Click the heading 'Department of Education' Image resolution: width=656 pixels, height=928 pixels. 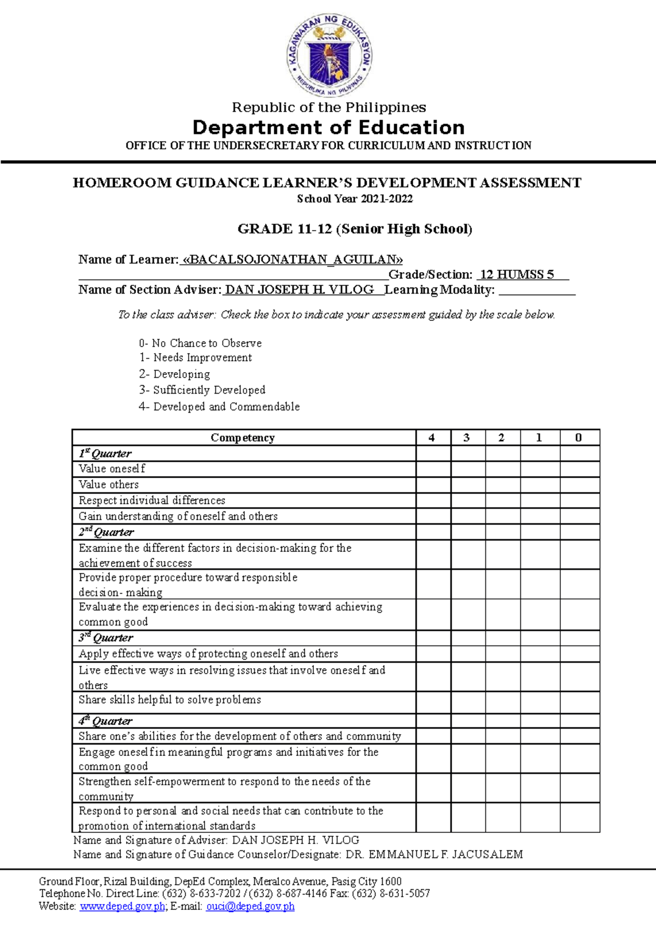tap(329, 128)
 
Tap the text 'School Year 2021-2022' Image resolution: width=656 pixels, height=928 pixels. tap(355, 199)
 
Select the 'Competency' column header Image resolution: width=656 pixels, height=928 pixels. tap(243, 438)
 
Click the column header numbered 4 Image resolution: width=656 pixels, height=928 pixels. tap(432, 438)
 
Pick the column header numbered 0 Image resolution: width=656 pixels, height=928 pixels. tap(579, 438)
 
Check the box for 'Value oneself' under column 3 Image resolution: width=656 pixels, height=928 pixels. tap(468, 469)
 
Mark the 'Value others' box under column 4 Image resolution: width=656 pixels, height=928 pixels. tap(433, 485)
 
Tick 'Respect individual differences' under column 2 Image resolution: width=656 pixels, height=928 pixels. tap(503, 501)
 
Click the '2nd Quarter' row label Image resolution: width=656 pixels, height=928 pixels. tap(106, 532)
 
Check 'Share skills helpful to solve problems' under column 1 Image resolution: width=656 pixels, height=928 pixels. tap(540, 702)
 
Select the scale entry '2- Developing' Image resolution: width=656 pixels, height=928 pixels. tap(174, 374)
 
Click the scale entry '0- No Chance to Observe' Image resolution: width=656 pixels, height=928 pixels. tap(200, 343)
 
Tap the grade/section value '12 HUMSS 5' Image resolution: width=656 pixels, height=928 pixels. tap(517, 275)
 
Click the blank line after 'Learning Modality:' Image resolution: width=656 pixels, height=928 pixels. tap(537, 290)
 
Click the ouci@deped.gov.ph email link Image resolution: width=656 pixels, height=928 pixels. tap(250, 906)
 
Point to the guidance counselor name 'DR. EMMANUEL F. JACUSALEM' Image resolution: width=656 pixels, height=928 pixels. tap(434, 854)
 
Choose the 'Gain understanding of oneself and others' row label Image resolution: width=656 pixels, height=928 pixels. tap(178, 516)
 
